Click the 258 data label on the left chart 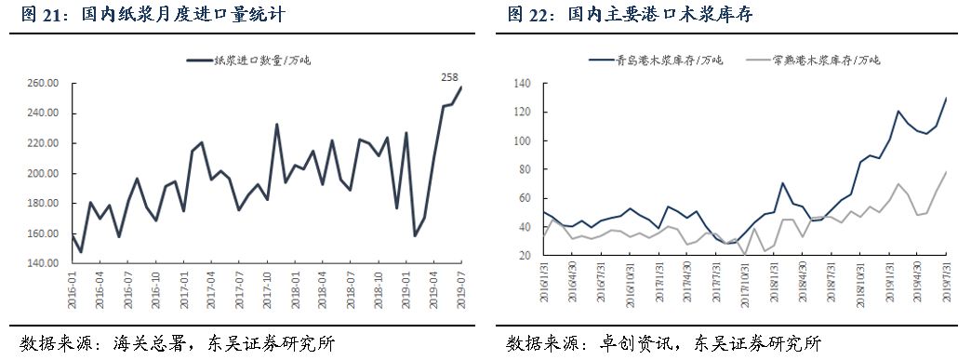click(x=449, y=74)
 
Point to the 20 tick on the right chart click(x=523, y=255)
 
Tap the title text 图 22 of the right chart click(x=528, y=16)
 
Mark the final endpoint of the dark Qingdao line click(x=947, y=98)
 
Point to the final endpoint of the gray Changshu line click(x=947, y=171)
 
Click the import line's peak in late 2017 click(x=276, y=124)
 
